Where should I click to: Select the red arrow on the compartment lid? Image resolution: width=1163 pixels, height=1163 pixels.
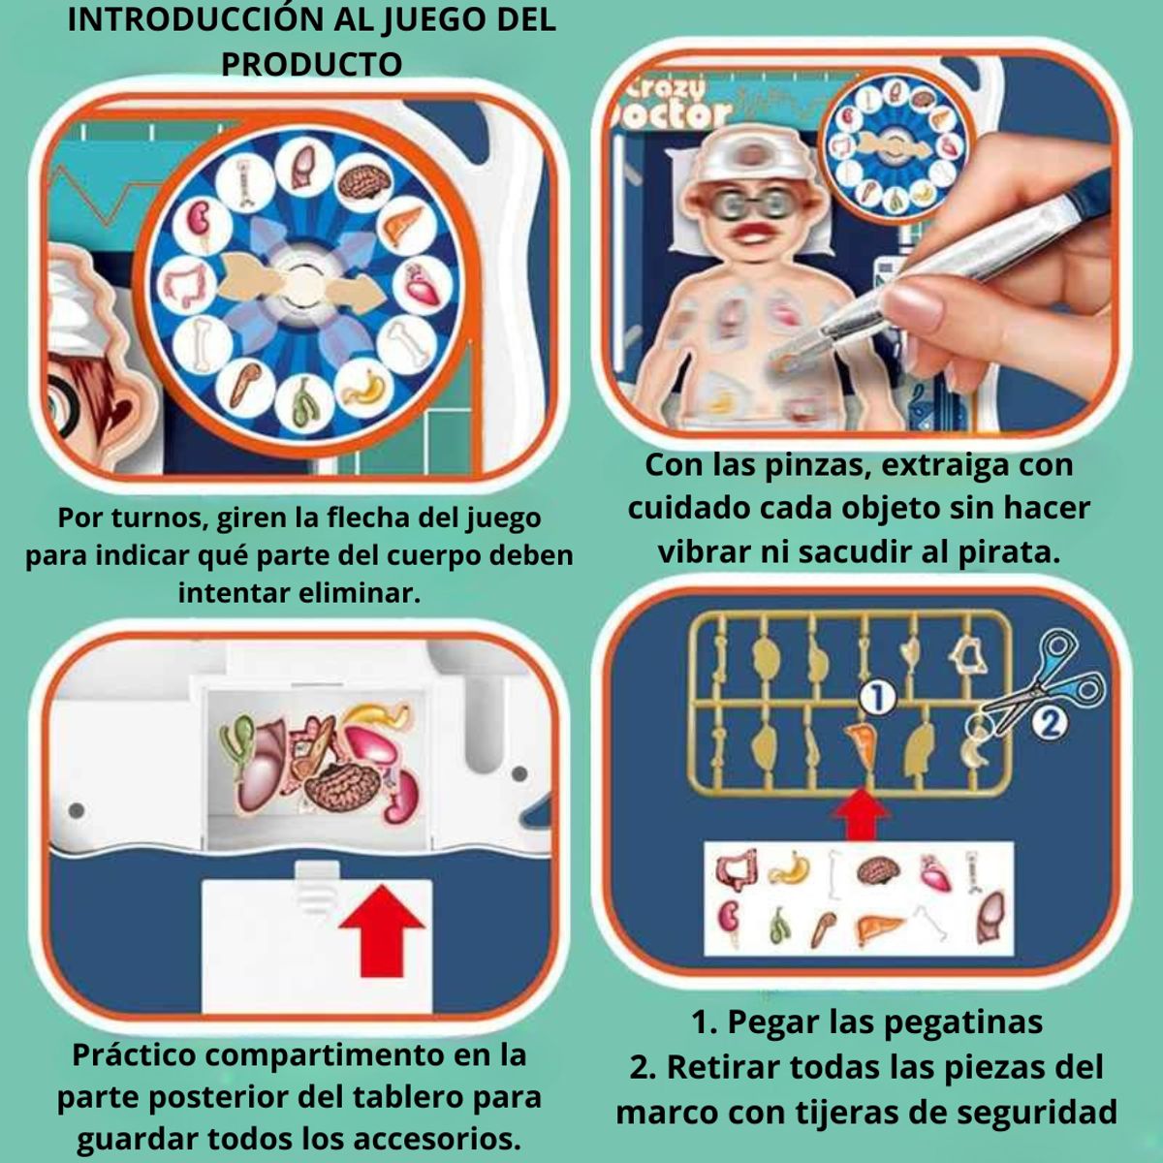point(381,932)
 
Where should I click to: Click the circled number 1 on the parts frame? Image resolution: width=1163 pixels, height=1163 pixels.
point(877,697)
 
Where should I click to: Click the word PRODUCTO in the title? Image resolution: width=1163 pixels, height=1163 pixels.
point(312,64)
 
